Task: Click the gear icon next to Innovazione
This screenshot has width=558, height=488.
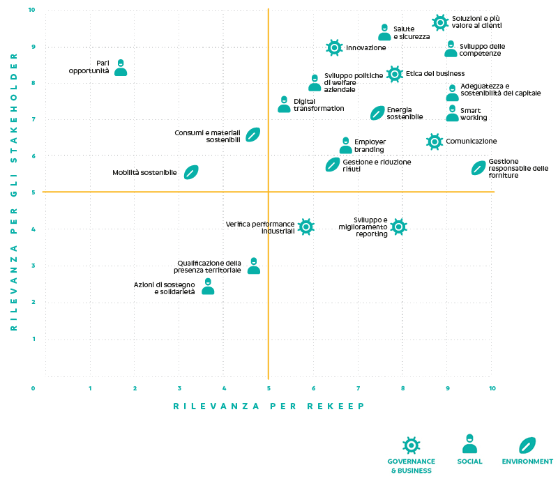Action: pos(334,47)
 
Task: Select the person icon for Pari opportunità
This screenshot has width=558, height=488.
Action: pos(121,68)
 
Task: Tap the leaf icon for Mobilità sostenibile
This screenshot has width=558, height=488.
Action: pos(191,172)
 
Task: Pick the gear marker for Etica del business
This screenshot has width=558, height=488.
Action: pos(395,74)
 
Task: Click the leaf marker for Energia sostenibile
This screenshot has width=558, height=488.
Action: pos(377,113)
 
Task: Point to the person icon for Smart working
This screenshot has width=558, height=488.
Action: pos(452,113)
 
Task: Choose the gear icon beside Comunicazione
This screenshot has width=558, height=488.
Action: pos(435,142)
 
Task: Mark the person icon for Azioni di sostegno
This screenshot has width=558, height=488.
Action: pos(208,287)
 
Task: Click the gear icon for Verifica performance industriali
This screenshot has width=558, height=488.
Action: pos(306,226)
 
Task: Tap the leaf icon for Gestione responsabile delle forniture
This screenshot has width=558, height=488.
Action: pos(478,168)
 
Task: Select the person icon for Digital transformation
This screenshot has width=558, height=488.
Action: pos(284,105)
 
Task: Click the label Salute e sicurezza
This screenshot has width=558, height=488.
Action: pos(412,33)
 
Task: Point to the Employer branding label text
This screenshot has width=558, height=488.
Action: pos(370,146)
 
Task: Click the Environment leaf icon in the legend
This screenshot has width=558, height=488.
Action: pos(527,444)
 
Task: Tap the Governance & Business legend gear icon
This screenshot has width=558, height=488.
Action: pos(412,445)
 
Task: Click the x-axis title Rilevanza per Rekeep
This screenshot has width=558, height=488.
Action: pos(269,406)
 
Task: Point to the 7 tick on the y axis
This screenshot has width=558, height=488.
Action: pos(33,119)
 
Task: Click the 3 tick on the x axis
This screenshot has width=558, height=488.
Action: pos(179,388)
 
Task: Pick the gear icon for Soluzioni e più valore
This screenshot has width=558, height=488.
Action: pos(439,22)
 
